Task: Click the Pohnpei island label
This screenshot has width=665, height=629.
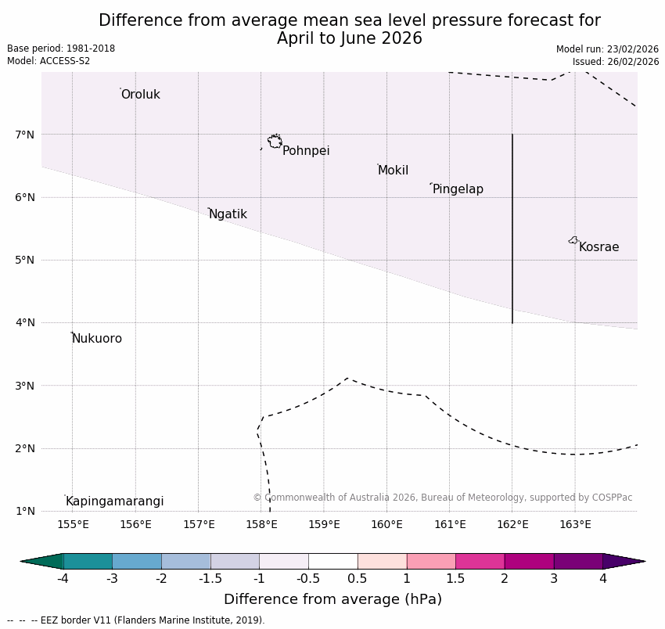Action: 306,151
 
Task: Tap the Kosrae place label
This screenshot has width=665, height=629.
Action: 598,247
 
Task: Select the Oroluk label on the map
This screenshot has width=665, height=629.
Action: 140,95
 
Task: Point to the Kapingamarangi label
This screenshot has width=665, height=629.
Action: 114,501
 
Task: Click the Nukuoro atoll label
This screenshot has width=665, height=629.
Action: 97,339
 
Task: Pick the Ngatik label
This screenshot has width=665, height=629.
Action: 228,214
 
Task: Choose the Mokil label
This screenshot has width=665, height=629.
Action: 393,171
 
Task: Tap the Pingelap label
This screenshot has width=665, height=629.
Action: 458,189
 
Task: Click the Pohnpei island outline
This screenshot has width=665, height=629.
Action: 275,141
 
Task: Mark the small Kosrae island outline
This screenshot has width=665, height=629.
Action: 573,240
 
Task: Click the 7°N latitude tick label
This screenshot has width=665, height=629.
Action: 25,135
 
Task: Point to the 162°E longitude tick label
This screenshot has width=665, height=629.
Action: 512,524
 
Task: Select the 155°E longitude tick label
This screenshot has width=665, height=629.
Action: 73,524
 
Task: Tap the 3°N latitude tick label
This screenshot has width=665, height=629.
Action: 25,386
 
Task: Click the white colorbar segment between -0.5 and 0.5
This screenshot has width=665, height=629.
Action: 332,561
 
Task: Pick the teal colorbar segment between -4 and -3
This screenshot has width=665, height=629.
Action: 88,561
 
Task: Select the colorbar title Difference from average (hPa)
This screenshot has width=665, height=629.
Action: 332,600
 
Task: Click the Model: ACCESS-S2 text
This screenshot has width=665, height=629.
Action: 49,61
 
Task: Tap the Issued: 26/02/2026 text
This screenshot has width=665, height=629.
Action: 615,61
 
